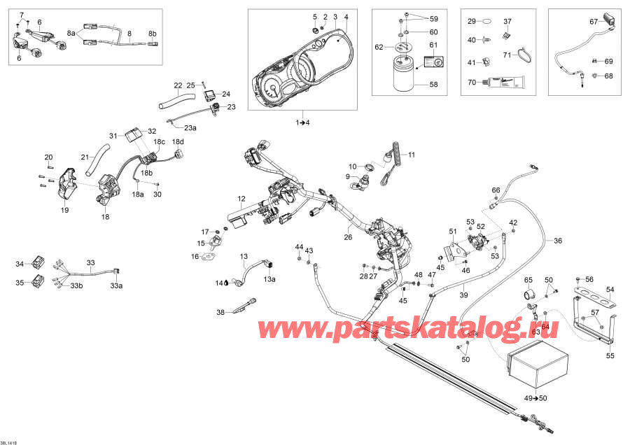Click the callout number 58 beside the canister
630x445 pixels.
(x=433, y=84)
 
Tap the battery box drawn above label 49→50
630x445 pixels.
(x=537, y=369)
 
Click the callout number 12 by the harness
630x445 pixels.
(x=241, y=199)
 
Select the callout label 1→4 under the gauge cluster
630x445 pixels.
(x=302, y=123)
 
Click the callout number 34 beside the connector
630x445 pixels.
(x=20, y=264)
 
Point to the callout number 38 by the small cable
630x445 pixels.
(x=220, y=312)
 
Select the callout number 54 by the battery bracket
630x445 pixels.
(x=610, y=288)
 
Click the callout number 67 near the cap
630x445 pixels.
(x=594, y=22)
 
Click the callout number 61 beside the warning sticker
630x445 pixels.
(x=433, y=45)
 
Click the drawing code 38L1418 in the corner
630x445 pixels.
(x=10, y=442)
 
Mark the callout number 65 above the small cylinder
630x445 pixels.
(x=529, y=280)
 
